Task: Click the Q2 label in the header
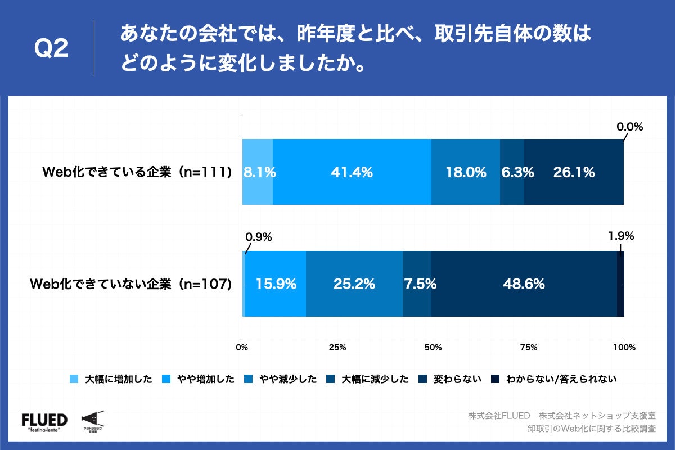point(52,49)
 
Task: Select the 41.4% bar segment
point(352,172)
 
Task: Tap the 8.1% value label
point(259,173)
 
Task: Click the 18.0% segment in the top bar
point(466,172)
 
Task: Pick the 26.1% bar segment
point(574,172)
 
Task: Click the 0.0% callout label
point(629,127)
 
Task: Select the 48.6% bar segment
point(524,284)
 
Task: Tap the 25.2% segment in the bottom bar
point(354,284)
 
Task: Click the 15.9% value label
point(276,285)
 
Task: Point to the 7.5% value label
point(420,285)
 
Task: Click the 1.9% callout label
point(621,236)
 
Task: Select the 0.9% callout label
point(259,237)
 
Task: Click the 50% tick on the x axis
point(433,348)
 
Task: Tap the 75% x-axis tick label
point(528,348)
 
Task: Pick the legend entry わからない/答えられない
point(554,379)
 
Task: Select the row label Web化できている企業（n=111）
point(138,173)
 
